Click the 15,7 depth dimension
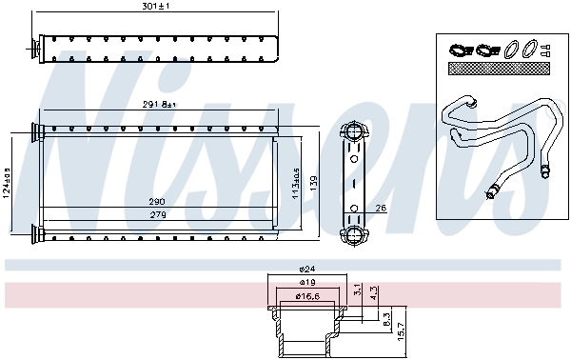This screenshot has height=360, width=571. (401, 330)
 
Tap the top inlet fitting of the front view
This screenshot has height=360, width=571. (35, 130)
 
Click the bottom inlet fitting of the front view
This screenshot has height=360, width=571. (35, 231)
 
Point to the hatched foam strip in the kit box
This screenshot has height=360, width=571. (497, 70)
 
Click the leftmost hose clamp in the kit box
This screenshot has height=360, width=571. (459, 49)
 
